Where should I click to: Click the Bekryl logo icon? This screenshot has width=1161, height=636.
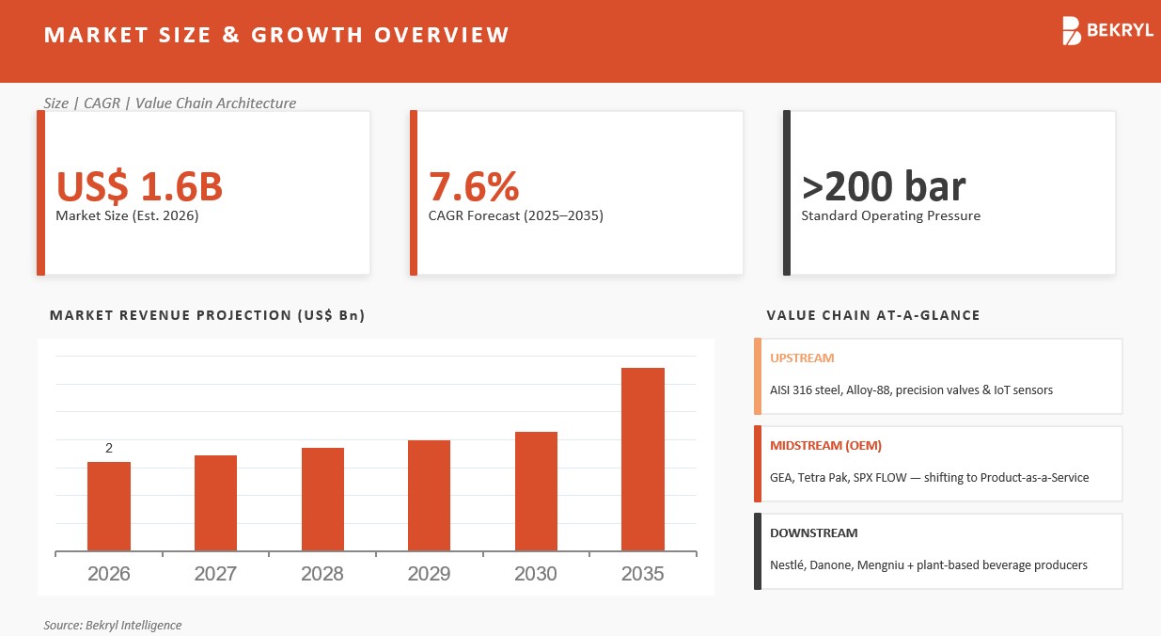pos(1072,31)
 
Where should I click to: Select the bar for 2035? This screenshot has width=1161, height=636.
pos(643,459)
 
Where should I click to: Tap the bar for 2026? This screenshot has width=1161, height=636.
pos(109,506)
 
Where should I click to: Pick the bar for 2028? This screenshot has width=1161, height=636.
pos(322,499)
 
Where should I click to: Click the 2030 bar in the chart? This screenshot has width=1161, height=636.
pos(536,491)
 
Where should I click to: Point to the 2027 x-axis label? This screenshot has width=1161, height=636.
pos(215,574)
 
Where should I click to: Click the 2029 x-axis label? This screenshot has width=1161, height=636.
pos(429,574)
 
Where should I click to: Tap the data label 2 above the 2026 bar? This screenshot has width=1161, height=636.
pos(109,448)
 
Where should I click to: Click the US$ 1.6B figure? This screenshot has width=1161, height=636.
pos(139,186)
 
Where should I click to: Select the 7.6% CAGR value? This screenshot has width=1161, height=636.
pos(473,186)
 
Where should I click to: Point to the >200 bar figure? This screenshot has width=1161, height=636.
pos(883,186)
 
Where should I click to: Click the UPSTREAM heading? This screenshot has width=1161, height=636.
pos(802,358)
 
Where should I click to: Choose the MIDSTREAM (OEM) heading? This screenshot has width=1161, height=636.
pos(825,446)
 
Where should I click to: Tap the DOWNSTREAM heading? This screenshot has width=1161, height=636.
pos(814,533)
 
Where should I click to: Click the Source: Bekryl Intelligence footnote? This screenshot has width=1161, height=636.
pos(113,625)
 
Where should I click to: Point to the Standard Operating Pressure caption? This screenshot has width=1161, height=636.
pos(890,215)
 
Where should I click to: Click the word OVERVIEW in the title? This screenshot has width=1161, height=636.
pos(442,35)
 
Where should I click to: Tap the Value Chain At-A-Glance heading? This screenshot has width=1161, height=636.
pos(873,315)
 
